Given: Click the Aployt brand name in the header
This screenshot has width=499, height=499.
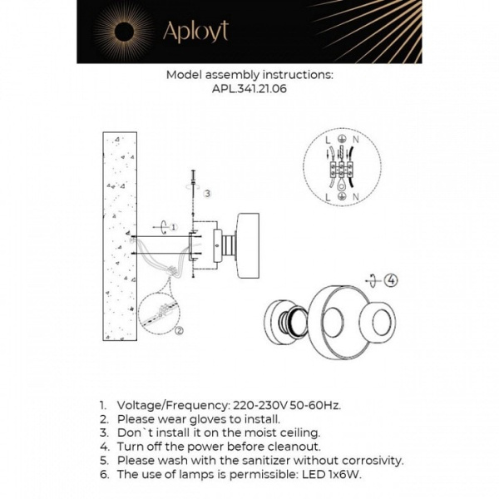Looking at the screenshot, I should (195, 32).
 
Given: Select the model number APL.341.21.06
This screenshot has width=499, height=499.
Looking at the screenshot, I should (249, 90).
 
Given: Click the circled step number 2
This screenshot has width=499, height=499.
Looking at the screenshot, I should (179, 329).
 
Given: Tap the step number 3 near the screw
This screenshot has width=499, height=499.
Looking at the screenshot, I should (207, 193).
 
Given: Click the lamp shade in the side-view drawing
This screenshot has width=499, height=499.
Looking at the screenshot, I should (249, 242).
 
